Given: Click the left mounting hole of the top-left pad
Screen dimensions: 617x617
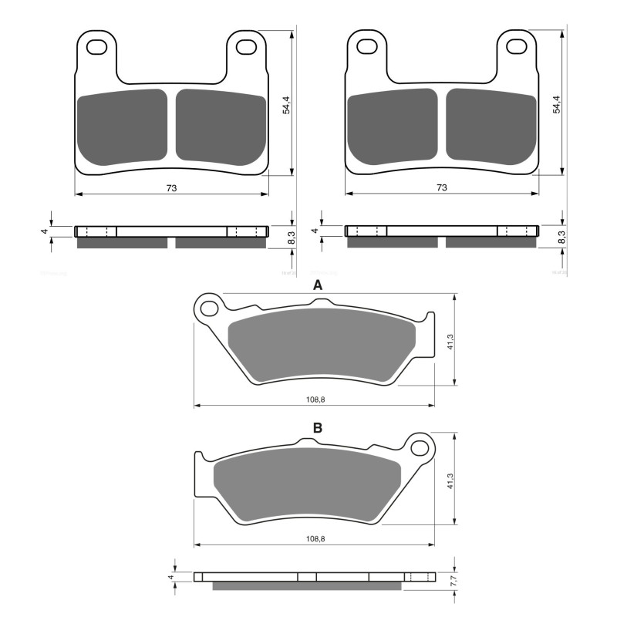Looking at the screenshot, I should coord(97,48).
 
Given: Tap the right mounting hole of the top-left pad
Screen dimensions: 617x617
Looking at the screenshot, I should coord(248,48).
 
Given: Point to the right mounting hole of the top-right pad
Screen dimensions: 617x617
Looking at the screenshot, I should coord(518,48).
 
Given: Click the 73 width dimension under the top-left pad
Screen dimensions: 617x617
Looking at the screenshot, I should coord(171,187).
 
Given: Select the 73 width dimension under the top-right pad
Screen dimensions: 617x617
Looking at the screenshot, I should coord(441,187).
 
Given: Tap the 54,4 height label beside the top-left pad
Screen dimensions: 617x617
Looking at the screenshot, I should coord(286,104).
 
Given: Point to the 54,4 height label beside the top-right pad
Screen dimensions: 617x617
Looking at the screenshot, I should coord(556,104).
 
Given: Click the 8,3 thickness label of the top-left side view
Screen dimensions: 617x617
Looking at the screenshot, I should coord(290,237).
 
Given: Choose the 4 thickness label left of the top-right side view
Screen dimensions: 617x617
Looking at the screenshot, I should coord(315,231).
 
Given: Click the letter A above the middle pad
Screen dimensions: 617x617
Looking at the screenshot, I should coord(317,286).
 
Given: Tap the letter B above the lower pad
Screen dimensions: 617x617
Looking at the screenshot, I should coord(317,428).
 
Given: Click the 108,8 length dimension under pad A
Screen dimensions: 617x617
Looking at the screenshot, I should coord(315,399).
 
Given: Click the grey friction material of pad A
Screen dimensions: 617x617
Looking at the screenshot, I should coord(320,343).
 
